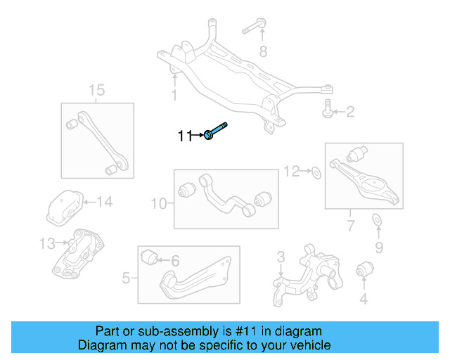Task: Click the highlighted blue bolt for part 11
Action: [x=217, y=131]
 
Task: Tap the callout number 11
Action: [x=184, y=136]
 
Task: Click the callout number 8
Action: [x=264, y=51]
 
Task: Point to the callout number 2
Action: [x=349, y=111]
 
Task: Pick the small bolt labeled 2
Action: [x=328, y=108]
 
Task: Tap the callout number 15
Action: [x=96, y=89]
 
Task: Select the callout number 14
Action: [x=104, y=202]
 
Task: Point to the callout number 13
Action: [x=47, y=243]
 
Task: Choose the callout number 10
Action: [x=159, y=204]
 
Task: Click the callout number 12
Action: [x=292, y=170]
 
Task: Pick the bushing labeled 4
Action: [x=364, y=269]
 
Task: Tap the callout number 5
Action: [x=126, y=278]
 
